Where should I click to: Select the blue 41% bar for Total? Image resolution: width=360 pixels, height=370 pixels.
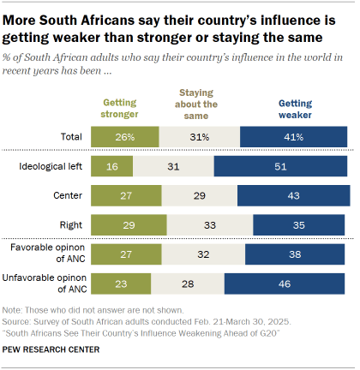[x=294, y=136]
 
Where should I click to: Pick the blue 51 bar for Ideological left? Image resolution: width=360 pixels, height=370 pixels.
[x=280, y=165]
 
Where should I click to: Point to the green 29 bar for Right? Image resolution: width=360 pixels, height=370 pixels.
[x=129, y=224]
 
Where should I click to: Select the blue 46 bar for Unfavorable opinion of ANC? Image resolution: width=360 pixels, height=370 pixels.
[x=286, y=283]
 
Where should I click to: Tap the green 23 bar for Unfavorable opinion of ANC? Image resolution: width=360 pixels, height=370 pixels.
[x=121, y=283]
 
